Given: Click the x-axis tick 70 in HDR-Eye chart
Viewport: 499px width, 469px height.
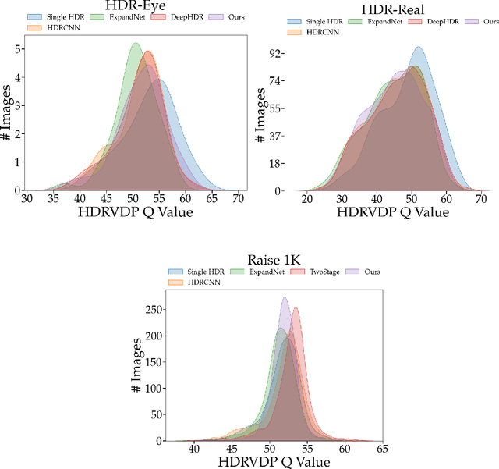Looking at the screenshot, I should tap(239, 198).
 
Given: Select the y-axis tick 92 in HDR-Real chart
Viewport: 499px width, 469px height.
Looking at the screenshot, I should tap(276, 53).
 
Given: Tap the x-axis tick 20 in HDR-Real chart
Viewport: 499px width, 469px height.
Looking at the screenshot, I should tap(307, 198).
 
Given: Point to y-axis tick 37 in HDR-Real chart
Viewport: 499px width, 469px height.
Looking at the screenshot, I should tap(276, 136).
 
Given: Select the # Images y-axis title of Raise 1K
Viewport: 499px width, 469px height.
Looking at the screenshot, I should tap(137, 364).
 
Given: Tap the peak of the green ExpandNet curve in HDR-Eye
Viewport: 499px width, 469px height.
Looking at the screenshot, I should tap(134, 44).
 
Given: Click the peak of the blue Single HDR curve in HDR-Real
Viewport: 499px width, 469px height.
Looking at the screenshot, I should tap(418, 48).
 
